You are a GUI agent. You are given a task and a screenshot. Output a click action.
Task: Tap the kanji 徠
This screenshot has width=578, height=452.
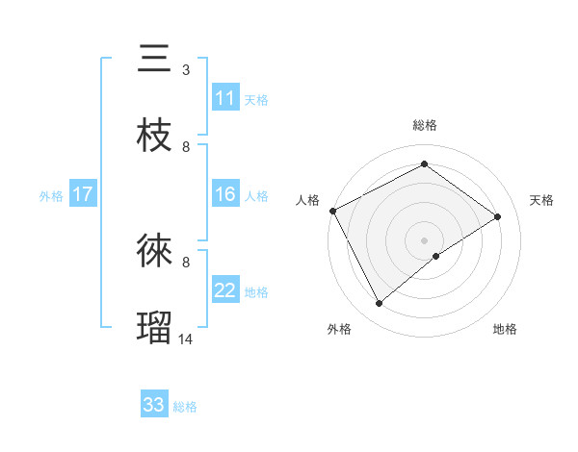155,252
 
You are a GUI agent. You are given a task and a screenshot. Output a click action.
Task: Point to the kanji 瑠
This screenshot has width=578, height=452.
155,328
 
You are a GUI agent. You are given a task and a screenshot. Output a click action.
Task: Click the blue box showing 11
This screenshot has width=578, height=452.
224,98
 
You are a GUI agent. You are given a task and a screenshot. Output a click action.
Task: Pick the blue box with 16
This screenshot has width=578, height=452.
224,194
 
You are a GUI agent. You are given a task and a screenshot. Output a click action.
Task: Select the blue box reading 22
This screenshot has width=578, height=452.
224,290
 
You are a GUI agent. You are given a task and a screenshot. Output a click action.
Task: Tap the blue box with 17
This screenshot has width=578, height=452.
83,194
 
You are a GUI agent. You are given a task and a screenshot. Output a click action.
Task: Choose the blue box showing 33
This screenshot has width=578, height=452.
154,405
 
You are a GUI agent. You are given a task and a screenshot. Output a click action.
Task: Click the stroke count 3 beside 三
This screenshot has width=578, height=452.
186,70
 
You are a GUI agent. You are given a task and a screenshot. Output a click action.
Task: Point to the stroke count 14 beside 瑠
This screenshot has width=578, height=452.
186,339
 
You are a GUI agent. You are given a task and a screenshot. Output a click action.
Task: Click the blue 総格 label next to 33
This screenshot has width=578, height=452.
185,407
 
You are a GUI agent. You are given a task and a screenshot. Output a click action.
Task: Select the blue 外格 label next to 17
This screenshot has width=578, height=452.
51,195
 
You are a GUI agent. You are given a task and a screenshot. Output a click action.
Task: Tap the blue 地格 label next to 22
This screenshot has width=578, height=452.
256,292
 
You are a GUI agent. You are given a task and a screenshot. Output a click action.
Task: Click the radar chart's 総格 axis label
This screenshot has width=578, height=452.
425,125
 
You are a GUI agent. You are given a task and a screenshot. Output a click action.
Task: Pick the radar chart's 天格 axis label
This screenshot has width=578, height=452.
542,200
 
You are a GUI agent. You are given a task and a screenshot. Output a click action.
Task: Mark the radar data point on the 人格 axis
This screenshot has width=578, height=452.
332,211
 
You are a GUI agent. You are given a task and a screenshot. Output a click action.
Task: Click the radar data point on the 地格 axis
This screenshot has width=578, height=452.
436,256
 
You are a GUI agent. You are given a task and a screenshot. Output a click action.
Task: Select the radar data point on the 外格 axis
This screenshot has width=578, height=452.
379,304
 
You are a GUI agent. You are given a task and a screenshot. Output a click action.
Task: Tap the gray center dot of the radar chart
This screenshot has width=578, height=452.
425,239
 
